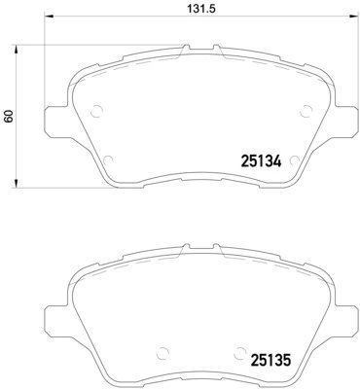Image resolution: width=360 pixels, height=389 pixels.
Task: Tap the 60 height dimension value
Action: coord(10,115)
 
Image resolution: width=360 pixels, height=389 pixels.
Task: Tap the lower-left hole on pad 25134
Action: coord(108,160)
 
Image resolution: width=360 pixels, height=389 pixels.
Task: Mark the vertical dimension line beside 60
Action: coord(21,115)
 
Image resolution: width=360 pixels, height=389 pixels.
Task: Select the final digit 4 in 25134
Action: coord(276,162)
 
